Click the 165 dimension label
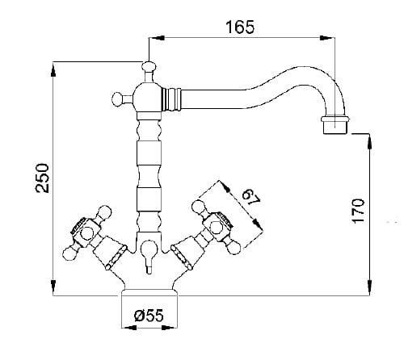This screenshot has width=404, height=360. coord(240,27)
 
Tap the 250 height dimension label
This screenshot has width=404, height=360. coord(42,178)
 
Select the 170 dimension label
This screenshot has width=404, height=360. coord(358,211)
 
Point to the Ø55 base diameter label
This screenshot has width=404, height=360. coord(149,315)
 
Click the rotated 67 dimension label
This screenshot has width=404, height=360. coord(250,198)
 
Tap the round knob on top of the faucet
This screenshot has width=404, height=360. coord(149,65)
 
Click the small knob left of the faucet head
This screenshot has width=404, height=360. coord(117,98)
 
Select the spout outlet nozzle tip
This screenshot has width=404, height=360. coord(335,125)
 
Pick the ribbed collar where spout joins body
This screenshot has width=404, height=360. coord(171,98)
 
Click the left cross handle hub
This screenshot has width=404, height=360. coord(87,232)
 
